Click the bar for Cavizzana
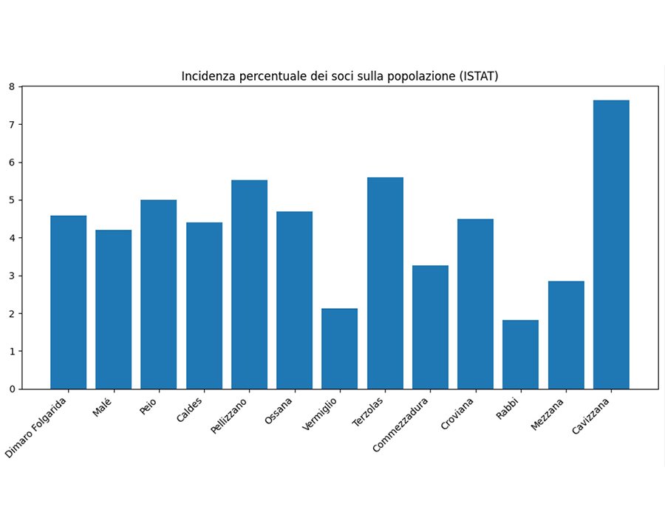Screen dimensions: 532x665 tap(611, 245)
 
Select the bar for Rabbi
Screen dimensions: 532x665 tap(521, 355)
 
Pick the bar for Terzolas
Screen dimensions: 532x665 tap(385, 283)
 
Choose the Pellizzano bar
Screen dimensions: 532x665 tap(249, 284)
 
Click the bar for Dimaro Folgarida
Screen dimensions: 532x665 tap(69, 302)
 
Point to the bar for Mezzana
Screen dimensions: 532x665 tap(566, 335)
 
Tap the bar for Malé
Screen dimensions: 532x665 tap(114, 310)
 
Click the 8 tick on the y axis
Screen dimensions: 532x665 tap(12, 86)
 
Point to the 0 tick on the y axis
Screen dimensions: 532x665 tap(12, 389)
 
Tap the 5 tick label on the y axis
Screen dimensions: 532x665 tap(12, 200)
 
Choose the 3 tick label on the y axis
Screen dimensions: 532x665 tap(12, 276)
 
